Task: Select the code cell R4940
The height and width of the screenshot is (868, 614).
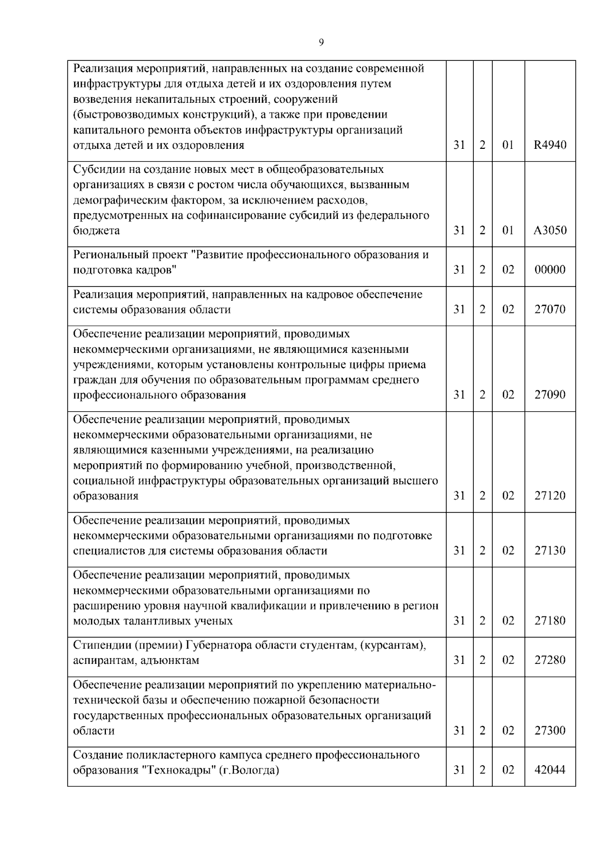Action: tap(550, 145)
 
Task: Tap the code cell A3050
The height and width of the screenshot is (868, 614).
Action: tap(550, 231)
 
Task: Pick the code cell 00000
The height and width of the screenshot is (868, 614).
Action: tap(550, 270)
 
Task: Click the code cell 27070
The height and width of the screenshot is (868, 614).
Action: tap(550, 309)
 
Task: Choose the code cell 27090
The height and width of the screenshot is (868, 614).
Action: tap(550, 395)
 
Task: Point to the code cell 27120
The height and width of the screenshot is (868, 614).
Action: tap(550, 496)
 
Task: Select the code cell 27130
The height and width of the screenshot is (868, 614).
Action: tap(550, 551)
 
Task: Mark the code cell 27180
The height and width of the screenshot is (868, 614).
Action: tap(550, 621)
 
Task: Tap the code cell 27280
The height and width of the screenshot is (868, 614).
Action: tap(550, 660)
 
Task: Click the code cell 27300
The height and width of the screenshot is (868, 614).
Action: tap(550, 730)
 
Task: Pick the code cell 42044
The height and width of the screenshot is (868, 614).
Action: tap(550, 770)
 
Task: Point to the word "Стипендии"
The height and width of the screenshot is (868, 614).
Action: tap(101, 645)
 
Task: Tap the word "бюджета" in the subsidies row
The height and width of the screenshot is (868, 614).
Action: tap(96, 231)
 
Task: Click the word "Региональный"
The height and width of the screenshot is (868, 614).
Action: tap(108, 255)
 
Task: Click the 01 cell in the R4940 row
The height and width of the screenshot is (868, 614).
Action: tap(508, 145)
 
